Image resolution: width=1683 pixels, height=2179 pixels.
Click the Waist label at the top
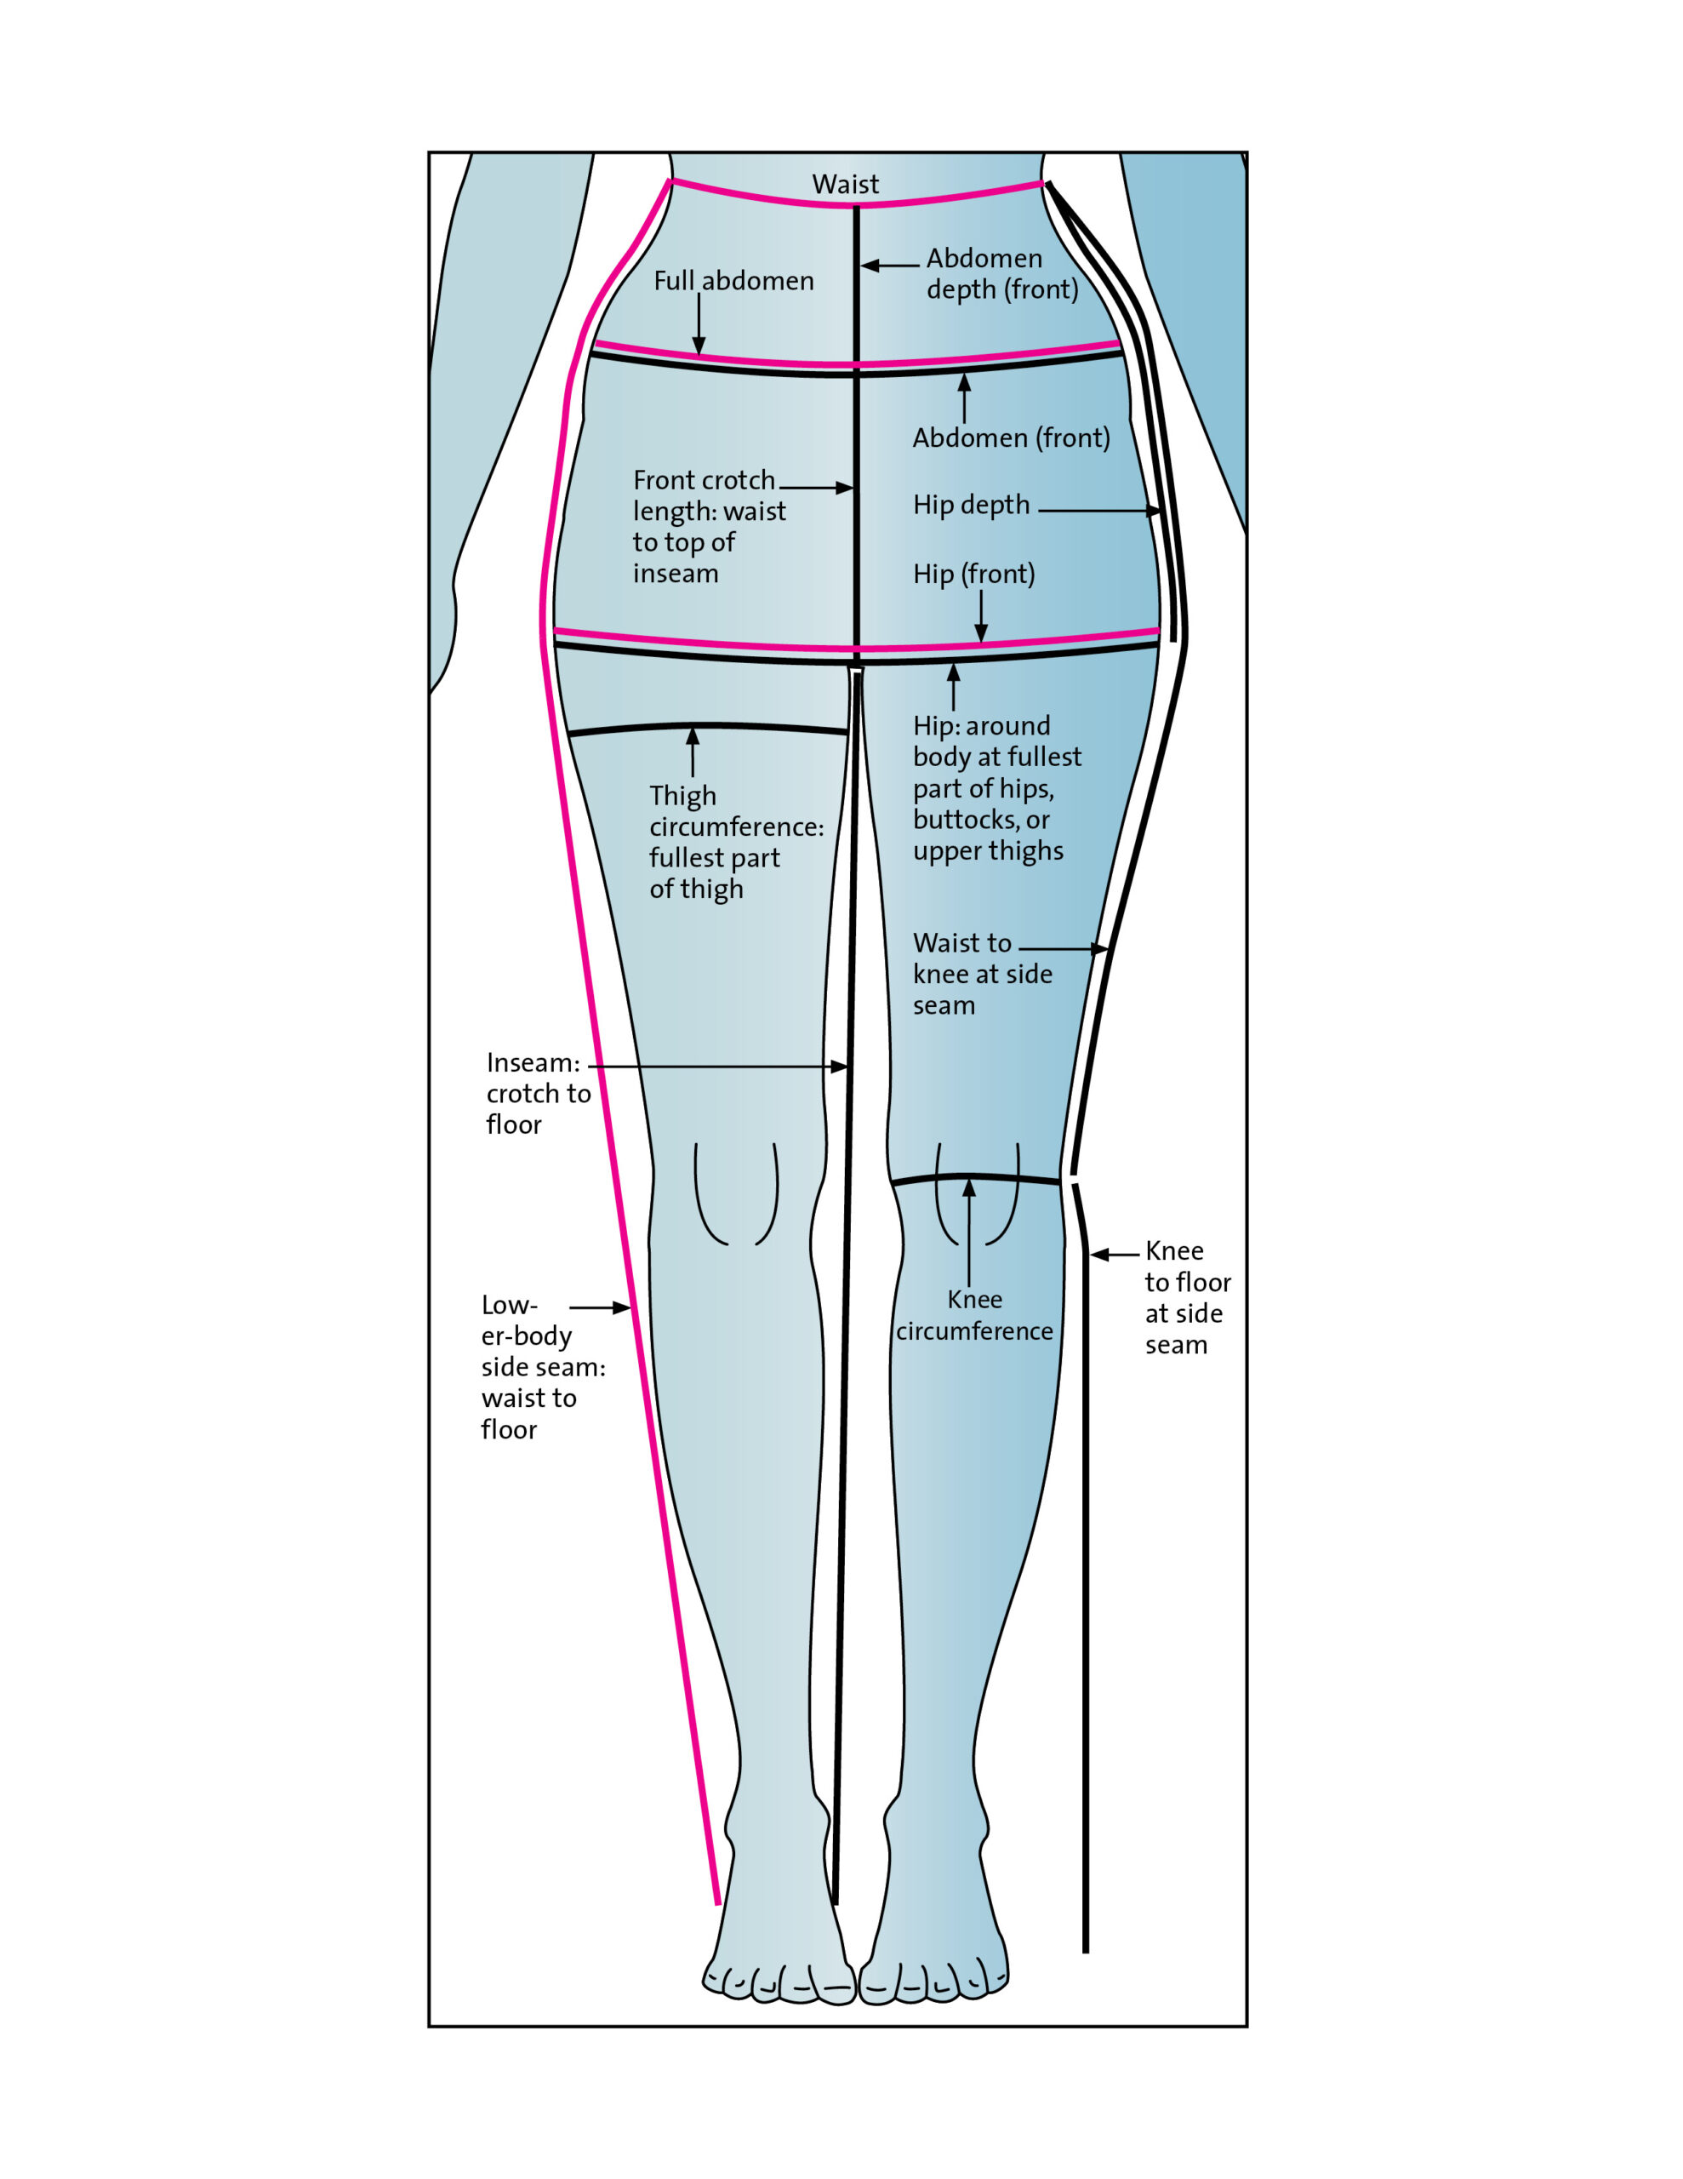pos(845,185)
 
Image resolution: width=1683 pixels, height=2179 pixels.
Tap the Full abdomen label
pos(733,282)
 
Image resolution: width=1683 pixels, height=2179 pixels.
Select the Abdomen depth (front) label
pos(1001,273)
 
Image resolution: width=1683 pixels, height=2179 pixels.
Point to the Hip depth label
pos(971,505)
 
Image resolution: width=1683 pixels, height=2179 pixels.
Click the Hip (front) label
pos(973,574)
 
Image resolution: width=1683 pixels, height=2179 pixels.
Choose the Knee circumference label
pos(973,1315)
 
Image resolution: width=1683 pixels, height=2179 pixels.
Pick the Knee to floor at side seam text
pos(1187,1297)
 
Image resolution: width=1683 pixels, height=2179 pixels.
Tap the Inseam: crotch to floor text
pos(538,1094)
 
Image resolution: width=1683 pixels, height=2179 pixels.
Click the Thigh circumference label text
pos(736,842)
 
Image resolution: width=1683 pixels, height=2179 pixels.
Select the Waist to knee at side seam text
pos(983,974)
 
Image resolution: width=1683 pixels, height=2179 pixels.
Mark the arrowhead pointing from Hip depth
pos(1155,511)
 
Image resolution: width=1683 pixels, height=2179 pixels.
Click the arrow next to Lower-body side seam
pos(601,1307)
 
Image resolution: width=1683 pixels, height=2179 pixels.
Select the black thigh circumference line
pos(707,729)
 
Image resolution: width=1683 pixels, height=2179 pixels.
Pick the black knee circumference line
pos(975,1179)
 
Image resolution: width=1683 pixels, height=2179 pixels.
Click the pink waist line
pos(858,196)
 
